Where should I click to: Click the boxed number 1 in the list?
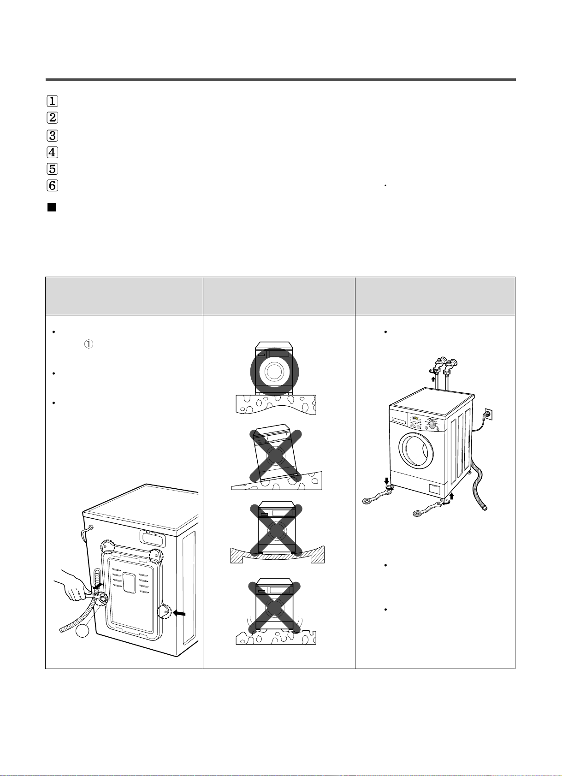tap(52, 101)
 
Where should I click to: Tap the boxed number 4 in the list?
tap(52, 153)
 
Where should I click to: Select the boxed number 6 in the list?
tap(52, 186)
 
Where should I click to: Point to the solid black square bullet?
tap(52, 207)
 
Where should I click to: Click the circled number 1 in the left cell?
tap(89, 344)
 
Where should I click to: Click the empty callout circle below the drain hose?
tap(83, 630)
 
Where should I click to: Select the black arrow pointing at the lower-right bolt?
tap(179, 614)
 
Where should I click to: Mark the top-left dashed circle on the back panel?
tap(107, 547)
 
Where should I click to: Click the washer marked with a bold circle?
tap(274, 371)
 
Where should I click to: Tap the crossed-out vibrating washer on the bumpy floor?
tap(274, 606)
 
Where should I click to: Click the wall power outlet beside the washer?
tap(488, 413)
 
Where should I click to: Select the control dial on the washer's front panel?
tap(432, 424)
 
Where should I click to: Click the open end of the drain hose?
tap(485, 508)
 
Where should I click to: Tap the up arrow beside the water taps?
tap(433, 379)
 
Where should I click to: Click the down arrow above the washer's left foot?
tap(387, 481)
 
